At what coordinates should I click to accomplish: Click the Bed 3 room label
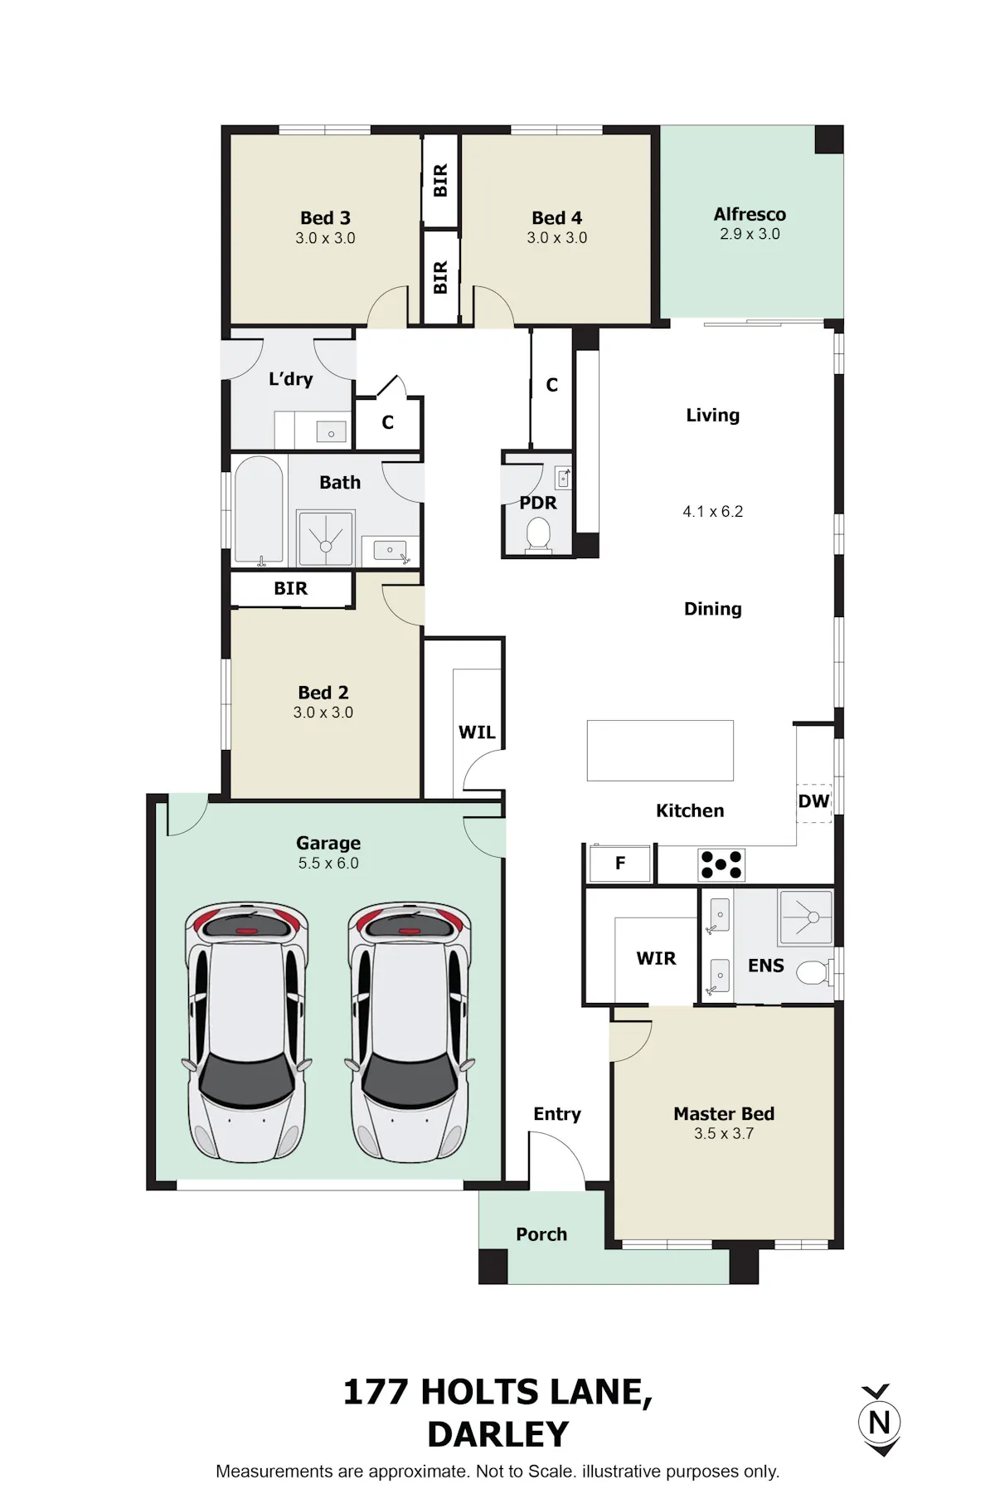tap(325, 218)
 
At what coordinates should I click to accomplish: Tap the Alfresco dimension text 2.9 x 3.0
tap(750, 234)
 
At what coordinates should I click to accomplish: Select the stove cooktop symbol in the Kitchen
tap(721, 864)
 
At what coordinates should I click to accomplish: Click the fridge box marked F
tap(620, 864)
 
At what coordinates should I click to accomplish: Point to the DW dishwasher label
tap(813, 801)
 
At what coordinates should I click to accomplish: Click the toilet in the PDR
tap(539, 535)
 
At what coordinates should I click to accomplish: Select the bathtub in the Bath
tap(260, 510)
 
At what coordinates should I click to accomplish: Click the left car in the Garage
tap(247, 1032)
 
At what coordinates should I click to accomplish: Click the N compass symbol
tap(879, 1422)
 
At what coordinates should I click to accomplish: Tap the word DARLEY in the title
tap(498, 1434)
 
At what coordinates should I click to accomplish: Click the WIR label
tap(656, 958)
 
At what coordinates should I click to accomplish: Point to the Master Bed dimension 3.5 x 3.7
tap(724, 1133)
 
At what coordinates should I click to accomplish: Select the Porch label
tap(541, 1234)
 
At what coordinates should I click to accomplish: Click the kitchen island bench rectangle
tap(660, 751)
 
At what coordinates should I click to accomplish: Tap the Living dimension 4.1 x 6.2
tap(713, 512)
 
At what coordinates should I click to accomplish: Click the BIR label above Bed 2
tap(291, 588)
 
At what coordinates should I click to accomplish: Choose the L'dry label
tap(291, 379)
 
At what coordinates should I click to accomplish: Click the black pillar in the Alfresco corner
tap(828, 139)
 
